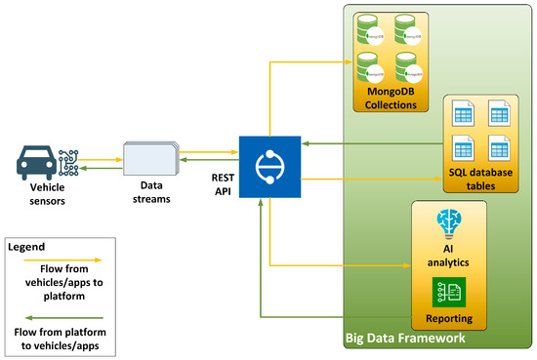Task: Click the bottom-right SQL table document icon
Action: pyautogui.click(x=501, y=148)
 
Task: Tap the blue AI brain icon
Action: pyautogui.click(x=450, y=221)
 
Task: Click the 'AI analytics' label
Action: pyautogui.click(x=450, y=256)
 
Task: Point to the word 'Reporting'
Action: pyautogui.click(x=450, y=319)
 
